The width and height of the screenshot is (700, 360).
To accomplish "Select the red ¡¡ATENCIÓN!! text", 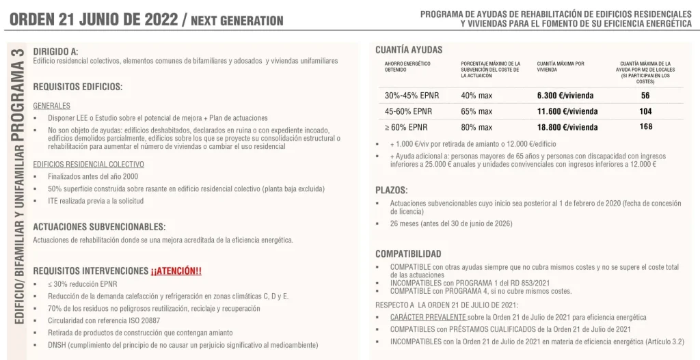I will pos(176,271).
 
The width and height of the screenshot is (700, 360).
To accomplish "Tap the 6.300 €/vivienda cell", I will pos(567,96).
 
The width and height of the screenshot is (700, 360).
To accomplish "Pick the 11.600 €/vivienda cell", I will pos(567,111).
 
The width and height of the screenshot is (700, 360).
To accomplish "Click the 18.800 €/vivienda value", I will pos(567,127).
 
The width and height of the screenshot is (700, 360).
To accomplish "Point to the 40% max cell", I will pos(476,96).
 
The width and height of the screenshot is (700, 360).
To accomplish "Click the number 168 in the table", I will pos(645,126).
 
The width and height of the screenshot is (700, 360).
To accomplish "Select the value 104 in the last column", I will pos(645,111).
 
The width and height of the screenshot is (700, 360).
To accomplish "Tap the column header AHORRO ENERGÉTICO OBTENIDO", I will pos(408,66).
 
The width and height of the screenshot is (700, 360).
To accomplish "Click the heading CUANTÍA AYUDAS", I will pos(409,50).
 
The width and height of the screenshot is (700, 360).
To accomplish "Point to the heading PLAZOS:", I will pos(392,190).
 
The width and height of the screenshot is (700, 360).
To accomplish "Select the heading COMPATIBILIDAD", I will pos(408,253).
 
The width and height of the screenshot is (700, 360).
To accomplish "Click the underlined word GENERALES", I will pos(51,106).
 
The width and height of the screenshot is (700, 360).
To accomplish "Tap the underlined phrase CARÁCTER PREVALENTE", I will pos(428,318).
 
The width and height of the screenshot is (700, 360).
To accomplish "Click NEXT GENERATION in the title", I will pos(237,21).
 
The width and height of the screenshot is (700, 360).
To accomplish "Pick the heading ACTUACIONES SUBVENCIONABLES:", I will pos(99,226).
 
